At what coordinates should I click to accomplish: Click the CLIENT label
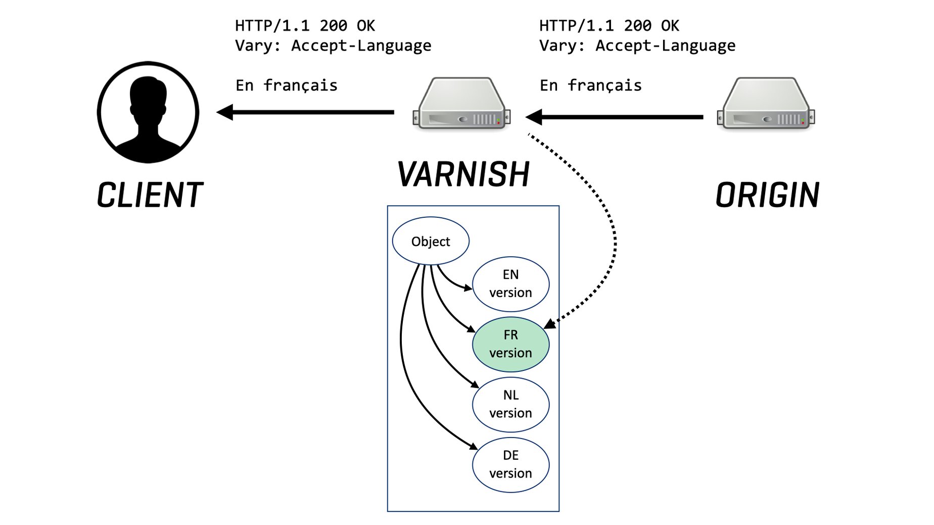[x=150, y=195]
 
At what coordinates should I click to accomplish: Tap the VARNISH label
[x=463, y=174]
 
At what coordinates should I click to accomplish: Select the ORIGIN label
[x=767, y=195]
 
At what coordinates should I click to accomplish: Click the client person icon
[x=148, y=112]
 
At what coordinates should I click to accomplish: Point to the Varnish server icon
[x=462, y=104]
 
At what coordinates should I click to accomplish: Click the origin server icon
[x=766, y=104]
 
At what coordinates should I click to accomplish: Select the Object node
[x=431, y=241]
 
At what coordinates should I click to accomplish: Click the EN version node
[x=510, y=283]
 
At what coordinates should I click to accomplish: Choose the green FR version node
[x=510, y=344]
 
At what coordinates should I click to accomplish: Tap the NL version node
[x=510, y=404]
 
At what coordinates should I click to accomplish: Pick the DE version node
[x=510, y=464]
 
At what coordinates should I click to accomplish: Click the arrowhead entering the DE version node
[x=474, y=446]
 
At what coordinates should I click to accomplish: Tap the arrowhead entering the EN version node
[x=468, y=288]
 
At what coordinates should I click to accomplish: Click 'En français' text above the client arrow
[x=287, y=85]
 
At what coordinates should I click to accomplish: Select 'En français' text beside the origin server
[x=591, y=85]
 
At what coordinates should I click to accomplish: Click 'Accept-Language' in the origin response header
[x=665, y=45]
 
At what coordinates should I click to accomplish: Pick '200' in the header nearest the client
[x=333, y=26]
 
